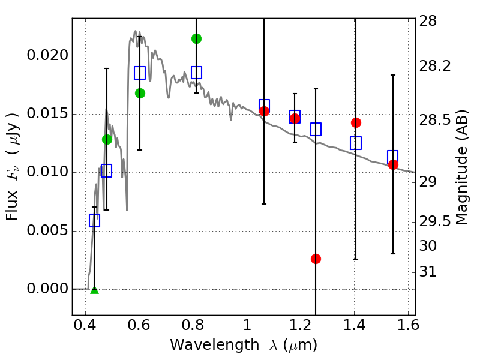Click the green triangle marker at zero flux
pyautogui.click(x=94, y=290)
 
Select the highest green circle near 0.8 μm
pyautogui.click(x=196, y=38)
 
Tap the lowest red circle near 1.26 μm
pyautogui.click(x=316, y=259)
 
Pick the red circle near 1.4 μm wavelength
pyautogui.click(x=356, y=122)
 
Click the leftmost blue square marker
pyautogui.click(x=94, y=221)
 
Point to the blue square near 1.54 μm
pyautogui.click(x=393, y=156)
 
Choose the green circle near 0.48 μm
pyautogui.click(x=107, y=139)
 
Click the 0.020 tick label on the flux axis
pyautogui.click(x=48, y=56)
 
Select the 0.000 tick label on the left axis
pyautogui.click(x=48, y=289)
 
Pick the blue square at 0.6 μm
pyautogui.click(x=140, y=73)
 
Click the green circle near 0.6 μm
pyautogui.click(x=140, y=93)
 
